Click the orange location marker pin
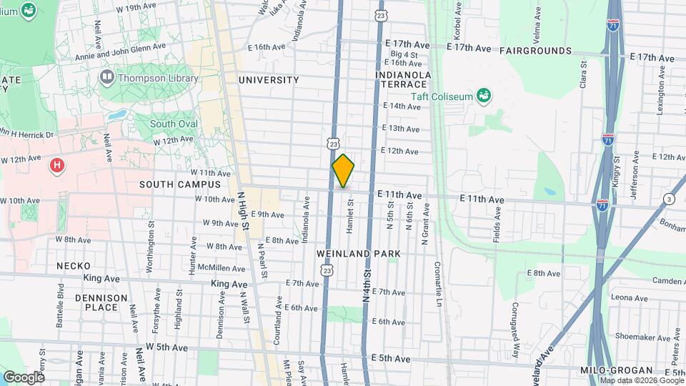[343, 171]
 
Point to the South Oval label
[174, 124]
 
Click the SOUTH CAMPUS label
[169, 184]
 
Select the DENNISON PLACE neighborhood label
[101, 302]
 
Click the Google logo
[24, 376]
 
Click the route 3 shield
[668, 198]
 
